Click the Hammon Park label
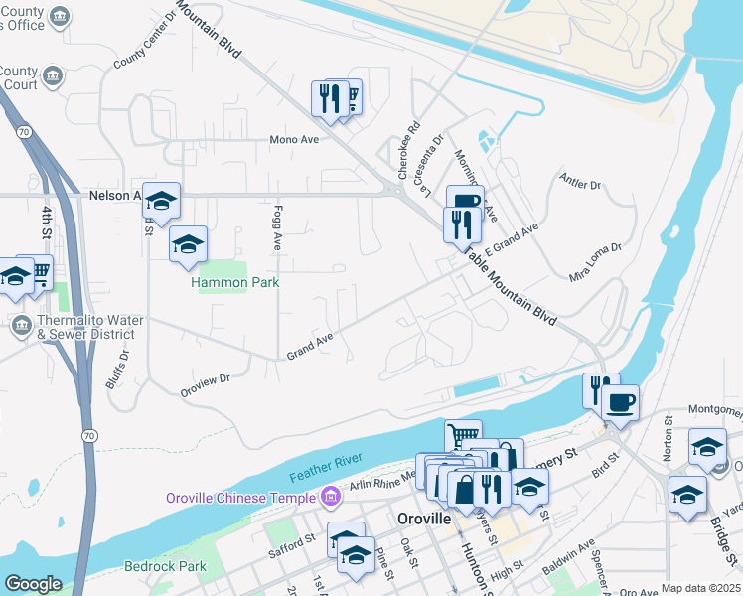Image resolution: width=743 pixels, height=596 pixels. click(235, 283)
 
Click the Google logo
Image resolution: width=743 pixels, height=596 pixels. click(33, 584)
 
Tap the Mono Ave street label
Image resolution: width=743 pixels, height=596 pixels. click(294, 140)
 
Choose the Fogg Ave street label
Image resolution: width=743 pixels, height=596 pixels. click(277, 227)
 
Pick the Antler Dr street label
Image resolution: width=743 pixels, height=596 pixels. click(581, 184)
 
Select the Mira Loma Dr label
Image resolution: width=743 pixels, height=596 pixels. click(595, 261)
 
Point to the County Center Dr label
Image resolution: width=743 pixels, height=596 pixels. click(144, 47)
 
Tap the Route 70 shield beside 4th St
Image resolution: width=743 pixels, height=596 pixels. click(21, 130)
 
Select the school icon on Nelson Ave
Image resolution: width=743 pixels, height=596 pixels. click(160, 202)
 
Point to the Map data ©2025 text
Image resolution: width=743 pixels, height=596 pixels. click(700, 588)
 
